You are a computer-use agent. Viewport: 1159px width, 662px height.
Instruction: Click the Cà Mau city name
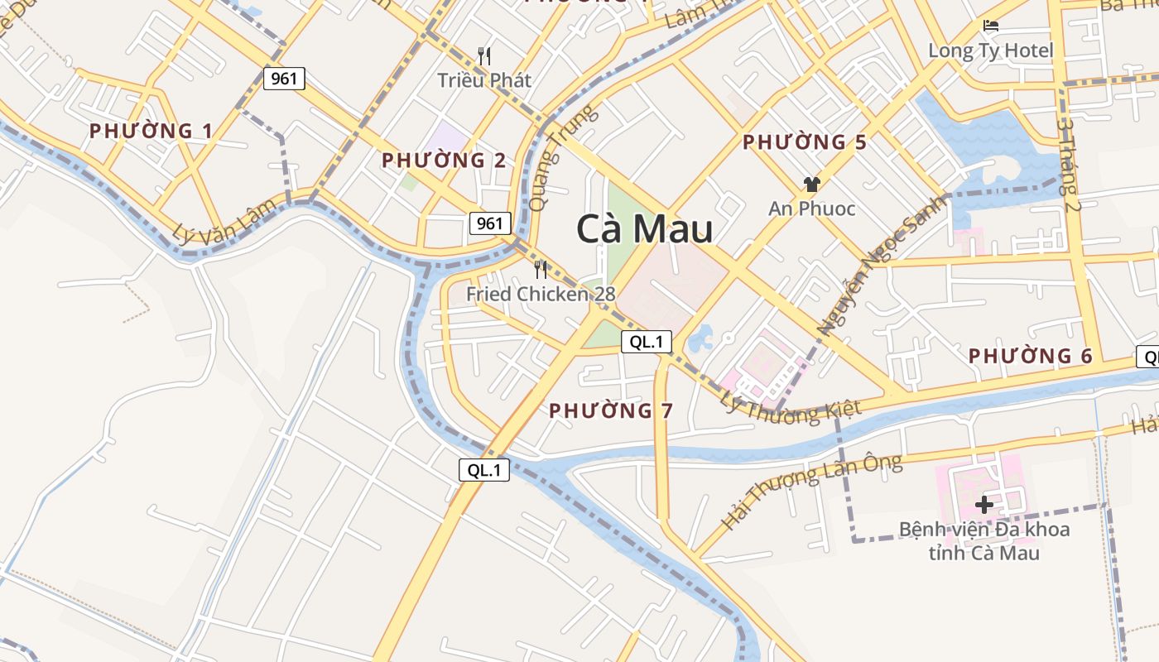(644, 229)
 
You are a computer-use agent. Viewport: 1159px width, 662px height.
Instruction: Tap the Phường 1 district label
(151, 131)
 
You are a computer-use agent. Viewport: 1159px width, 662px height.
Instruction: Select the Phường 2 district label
(444, 161)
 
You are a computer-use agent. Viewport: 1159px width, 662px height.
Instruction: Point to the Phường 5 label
(804, 142)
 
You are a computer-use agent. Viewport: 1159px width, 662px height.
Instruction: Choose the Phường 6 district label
(1031, 357)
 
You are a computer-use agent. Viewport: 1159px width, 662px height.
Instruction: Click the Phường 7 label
(611, 410)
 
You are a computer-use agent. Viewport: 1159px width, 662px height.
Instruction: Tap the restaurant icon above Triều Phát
(484, 56)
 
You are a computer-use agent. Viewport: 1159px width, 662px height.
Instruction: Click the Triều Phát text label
(484, 80)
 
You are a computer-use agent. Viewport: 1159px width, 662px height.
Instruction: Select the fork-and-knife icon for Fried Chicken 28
(541, 269)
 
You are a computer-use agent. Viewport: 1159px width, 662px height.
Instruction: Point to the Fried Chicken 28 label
(541, 294)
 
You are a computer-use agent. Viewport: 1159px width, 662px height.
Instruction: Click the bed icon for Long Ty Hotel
(990, 26)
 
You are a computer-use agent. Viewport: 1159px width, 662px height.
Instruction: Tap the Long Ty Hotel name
(990, 50)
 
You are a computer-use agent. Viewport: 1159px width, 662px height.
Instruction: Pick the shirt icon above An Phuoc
(811, 185)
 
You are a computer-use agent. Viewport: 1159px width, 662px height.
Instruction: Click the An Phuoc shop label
(811, 209)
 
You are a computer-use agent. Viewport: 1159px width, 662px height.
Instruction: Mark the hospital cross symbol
(984, 504)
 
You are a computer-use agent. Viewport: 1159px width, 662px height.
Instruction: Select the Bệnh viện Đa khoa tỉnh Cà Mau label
(984, 540)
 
